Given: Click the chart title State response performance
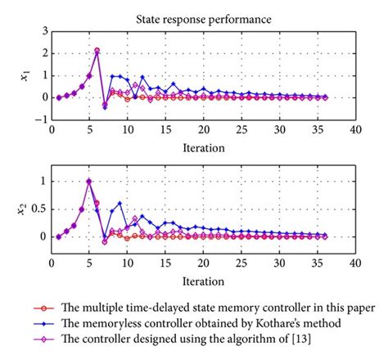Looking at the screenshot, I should coord(203,16).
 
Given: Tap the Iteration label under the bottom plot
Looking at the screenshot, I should coord(203,279).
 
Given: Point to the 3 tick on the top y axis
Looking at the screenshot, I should coord(43,30).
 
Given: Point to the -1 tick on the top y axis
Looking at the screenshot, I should coord(40,119).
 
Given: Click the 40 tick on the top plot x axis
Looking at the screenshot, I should coord(354,128).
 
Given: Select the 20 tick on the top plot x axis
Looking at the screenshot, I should coord(203,128).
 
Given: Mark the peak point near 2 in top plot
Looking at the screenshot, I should coord(97,51).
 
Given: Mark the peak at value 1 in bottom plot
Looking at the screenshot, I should coord(89,181).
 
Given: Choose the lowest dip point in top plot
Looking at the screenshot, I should coord(105,106).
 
